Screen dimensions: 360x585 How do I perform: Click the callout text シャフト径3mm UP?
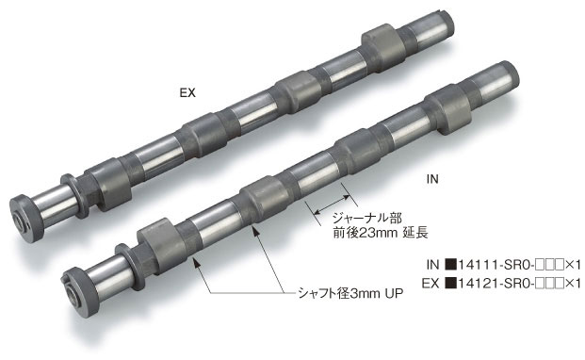pos(347,293)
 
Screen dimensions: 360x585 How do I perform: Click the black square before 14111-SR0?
pos(451,266)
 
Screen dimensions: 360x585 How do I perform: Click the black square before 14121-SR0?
pos(451,282)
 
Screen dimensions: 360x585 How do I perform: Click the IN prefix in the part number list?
pos(432,266)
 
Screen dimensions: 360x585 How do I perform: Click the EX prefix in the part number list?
pos(431,282)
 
